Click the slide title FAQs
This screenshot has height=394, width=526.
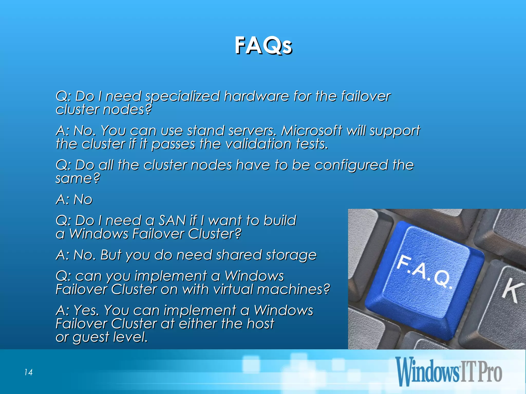[x=263, y=45]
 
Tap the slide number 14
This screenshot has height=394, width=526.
[x=28, y=372]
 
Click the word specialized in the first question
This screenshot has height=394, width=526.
[x=183, y=97]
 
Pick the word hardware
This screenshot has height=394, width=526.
[x=257, y=96]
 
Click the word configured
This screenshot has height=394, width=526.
[x=351, y=165]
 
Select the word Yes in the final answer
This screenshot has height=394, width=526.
[x=86, y=311]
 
